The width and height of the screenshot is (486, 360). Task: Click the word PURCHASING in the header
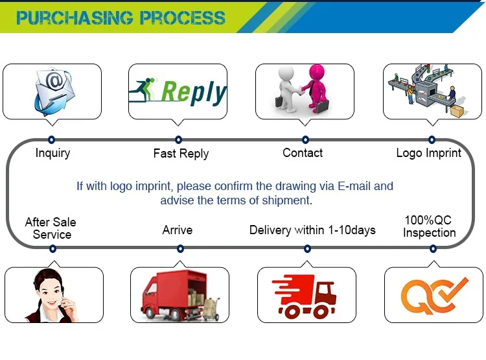[75, 18]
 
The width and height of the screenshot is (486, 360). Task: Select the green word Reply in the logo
[194, 91]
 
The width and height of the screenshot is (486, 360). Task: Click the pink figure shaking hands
[316, 88]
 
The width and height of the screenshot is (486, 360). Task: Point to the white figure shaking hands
[286, 88]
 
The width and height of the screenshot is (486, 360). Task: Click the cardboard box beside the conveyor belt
[457, 111]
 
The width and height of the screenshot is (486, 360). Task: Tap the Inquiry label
[52, 153]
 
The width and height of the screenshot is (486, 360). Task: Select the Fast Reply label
[181, 154]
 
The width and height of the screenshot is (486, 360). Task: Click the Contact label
[303, 152]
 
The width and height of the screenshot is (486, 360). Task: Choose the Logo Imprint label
[429, 153]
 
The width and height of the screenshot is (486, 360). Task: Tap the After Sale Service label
[51, 228]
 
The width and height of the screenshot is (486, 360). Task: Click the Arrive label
[178, 230]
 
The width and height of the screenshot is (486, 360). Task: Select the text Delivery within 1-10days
[312, 230]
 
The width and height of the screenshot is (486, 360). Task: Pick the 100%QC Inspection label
[429, 226]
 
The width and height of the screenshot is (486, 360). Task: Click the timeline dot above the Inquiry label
[51, 139]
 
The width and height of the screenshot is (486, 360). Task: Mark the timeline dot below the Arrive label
[180, 248]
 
